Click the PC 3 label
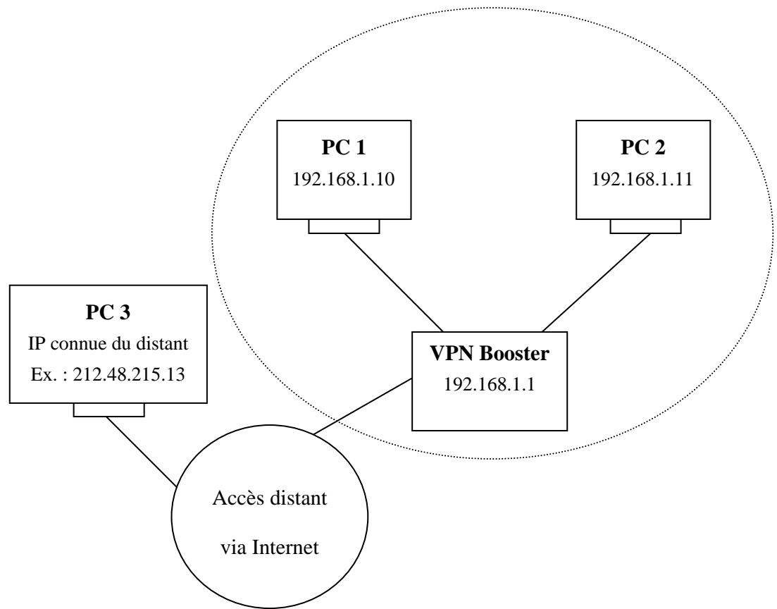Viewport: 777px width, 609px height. tap(109, 312)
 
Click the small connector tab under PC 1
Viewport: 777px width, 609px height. tap(344, 226)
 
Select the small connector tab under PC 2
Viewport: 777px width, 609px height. tap(645, 226)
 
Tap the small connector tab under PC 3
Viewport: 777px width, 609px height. tap(109, 410)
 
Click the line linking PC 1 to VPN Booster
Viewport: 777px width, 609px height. tap(392, 282)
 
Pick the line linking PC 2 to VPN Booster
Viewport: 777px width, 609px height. tap(596, 282)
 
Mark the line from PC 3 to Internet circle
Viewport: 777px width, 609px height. tap(141, 451)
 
